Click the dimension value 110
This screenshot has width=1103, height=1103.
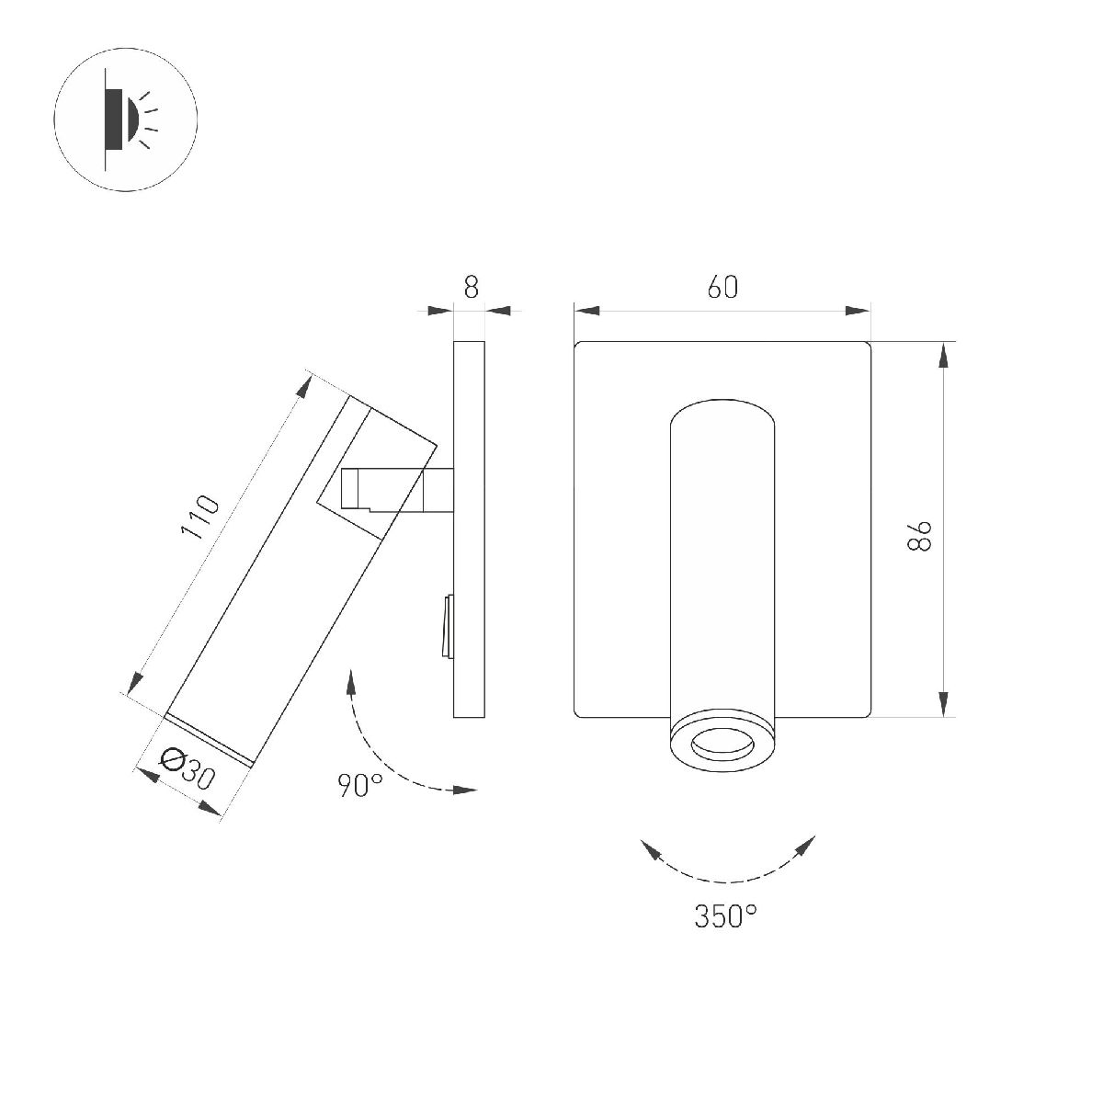point(199,517)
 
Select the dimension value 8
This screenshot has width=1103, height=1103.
point(471,287)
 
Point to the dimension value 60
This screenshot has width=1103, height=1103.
point(722,287)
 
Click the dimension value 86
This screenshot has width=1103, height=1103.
point(920,535)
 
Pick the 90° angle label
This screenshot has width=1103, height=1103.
point(359,785)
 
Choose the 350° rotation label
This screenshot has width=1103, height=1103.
point(725,915)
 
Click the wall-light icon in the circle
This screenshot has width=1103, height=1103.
point(126,119)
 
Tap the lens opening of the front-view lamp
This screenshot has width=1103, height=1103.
point(722,745)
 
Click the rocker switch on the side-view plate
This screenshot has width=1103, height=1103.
point(447,628)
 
